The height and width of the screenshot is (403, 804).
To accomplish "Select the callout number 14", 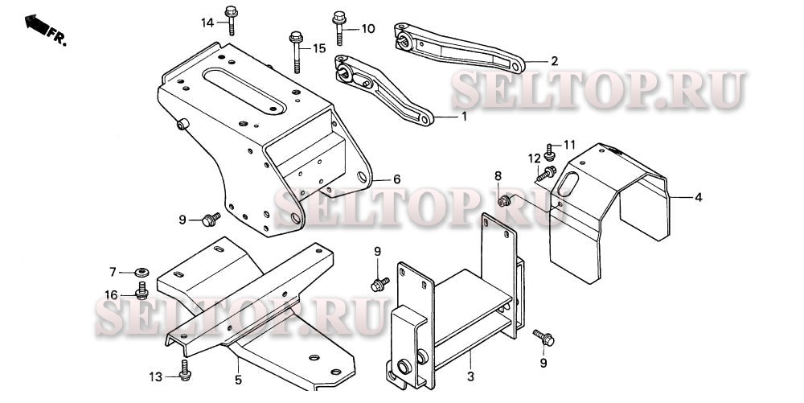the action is point(207,23).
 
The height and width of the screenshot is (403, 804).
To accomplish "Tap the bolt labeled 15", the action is point(297,51).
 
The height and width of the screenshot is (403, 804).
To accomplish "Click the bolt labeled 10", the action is point(339,28).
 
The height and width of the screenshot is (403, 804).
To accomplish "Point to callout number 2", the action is point(554,61).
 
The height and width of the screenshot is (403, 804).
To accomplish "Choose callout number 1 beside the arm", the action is point(464,117).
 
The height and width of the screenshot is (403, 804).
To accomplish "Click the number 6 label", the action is point(396,179).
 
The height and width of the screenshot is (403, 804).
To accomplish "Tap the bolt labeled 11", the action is point(550,152).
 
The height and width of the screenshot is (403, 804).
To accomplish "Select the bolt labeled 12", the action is point(547,173).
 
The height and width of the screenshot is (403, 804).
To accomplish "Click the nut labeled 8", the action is point(504,201).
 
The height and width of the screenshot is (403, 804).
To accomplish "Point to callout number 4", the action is point(699,197).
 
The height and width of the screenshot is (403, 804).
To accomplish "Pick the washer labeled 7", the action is point(142,271).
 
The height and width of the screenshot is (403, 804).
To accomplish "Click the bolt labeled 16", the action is point(142,290).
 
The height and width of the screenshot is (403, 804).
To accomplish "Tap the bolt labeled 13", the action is point(185,370).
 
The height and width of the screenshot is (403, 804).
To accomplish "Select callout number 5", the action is point(239,380).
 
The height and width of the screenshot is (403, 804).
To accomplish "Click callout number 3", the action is point(470,376).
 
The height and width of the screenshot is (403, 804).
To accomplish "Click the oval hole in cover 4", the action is point(568,183).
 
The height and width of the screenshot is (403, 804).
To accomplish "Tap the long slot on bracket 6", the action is point(244,91).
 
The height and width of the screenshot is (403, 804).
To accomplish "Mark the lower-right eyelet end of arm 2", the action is point(516,66).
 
